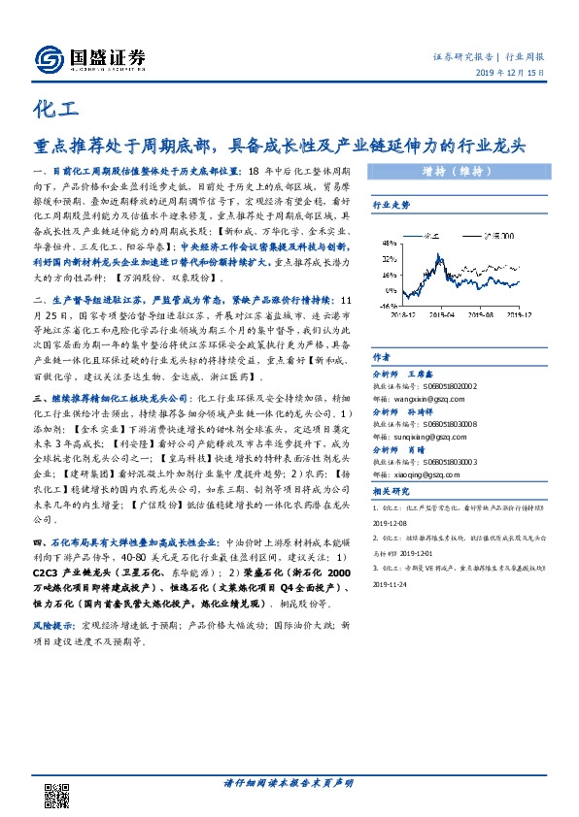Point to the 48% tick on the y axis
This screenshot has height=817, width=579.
click(387, 242)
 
